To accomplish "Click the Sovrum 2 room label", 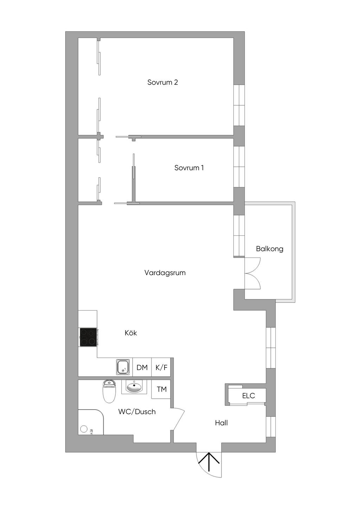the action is (162, 82).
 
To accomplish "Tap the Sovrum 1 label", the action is (189, 168).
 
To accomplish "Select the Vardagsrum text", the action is (165, 273).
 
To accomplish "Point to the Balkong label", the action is (270, 249).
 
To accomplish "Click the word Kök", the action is (131, 333).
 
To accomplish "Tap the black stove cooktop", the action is (88, 337).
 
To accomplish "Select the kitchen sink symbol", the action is (123, 367).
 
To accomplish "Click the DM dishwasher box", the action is (142, 367).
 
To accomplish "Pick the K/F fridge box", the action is (161, 367).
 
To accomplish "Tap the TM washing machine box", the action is (161, 389).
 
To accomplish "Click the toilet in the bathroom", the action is (109, 391).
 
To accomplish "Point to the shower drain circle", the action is (84, 429).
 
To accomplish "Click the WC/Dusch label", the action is (137, 411).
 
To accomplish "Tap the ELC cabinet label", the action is (249, 396).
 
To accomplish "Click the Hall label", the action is (221, 423).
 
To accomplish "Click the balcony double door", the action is (252, 273).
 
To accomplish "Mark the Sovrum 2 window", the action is (239, 105).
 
